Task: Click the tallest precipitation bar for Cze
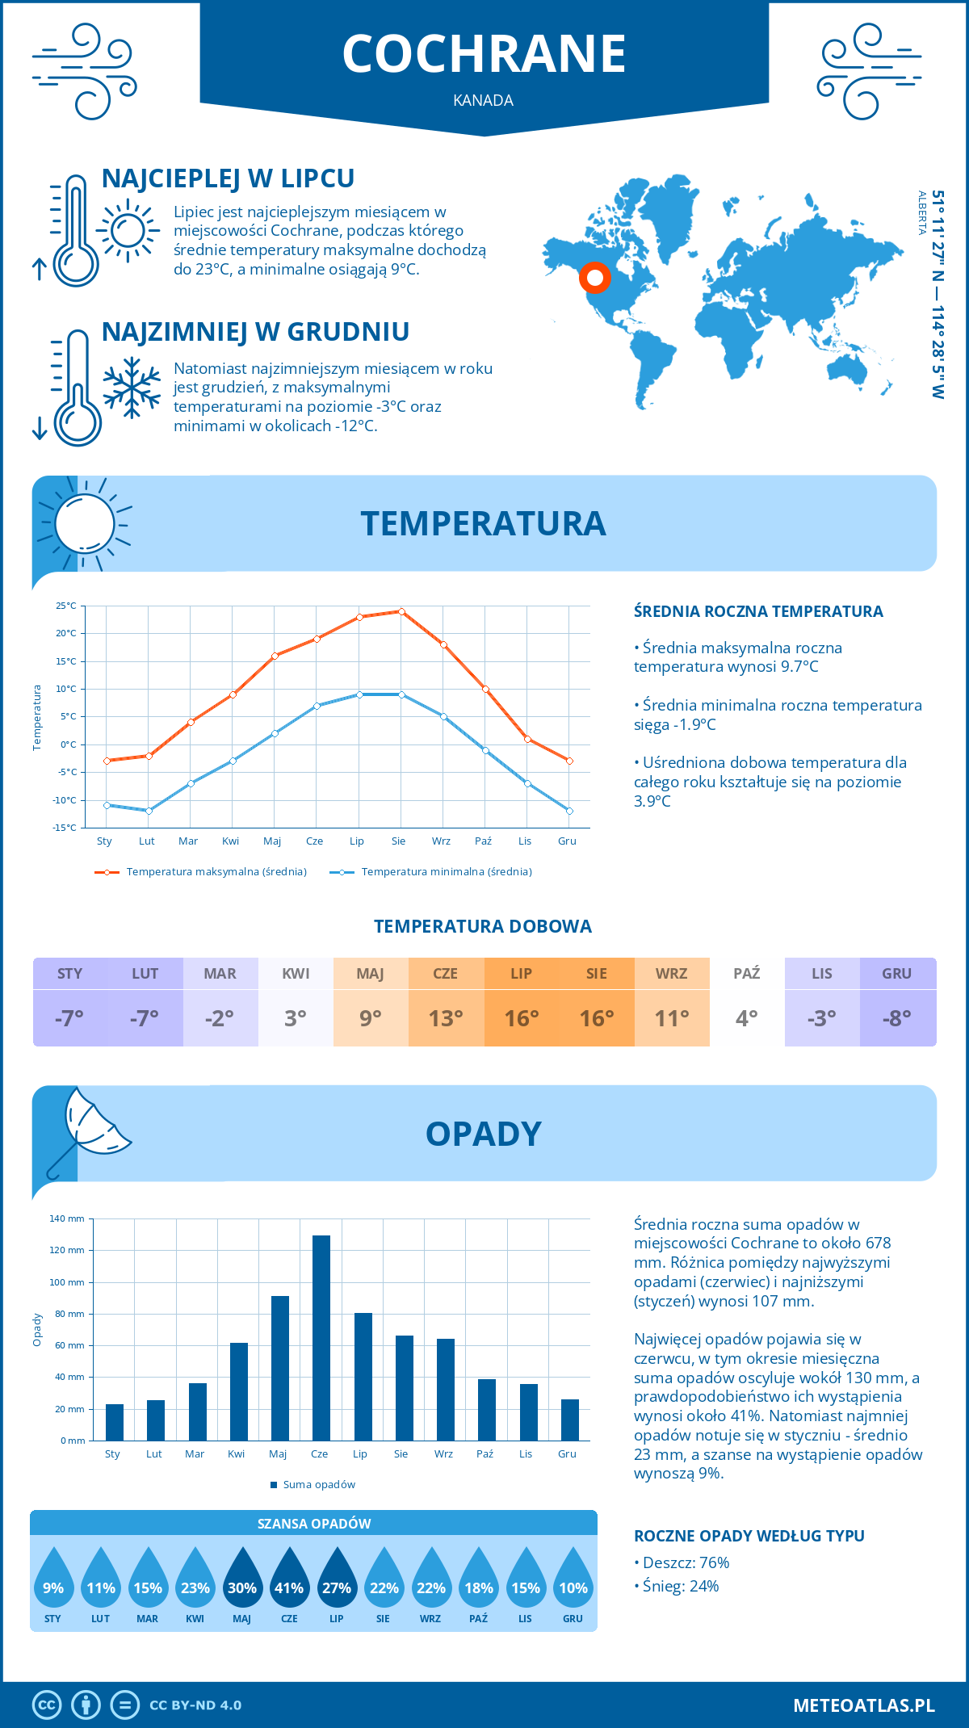(x=321, y=1338)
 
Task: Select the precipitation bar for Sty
(x=115, y=1422)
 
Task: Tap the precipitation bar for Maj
(x=279, y=1368)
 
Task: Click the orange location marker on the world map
(x=595, y=278)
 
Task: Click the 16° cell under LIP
(x=522, y=1018)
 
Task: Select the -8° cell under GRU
(x=897, y=1018)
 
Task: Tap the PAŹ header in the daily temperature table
(x=747, y=974)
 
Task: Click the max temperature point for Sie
(x=401, y=611)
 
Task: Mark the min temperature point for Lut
(x=149, y=811)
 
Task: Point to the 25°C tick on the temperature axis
(x=66, y=606)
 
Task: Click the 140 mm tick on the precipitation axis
(x=68, y=1218)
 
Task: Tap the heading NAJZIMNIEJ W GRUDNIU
(x=255, y=332)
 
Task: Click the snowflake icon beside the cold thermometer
(x=132, y=388)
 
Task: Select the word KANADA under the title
(x=484, y=100)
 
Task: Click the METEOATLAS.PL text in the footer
(x=863, y=1705)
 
